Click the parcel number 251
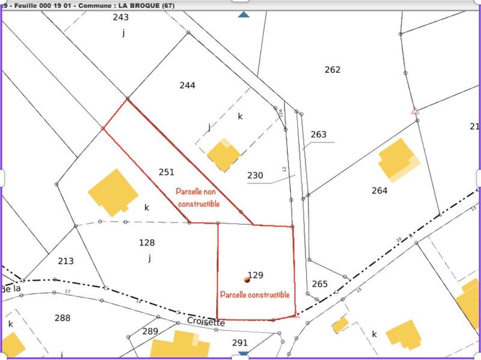coord(167,172)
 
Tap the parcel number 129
coord(256,275)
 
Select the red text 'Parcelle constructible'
coord(255,294)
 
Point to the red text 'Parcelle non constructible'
coord(198,198)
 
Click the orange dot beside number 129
coord(246,279)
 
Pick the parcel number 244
coord(188,85)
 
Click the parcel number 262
coord(332,70)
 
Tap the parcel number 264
coord(379,191)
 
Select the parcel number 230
coord(255,175)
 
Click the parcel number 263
coord(319,135)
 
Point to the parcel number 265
coord(320,284)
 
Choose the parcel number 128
coord(147,243)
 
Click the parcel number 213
coord(66,261)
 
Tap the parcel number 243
coord(121,17)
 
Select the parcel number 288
coord(62,318)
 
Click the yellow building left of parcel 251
coord(112,192)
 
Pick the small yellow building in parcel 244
coord(223,155)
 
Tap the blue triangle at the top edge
coord(243,14)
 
